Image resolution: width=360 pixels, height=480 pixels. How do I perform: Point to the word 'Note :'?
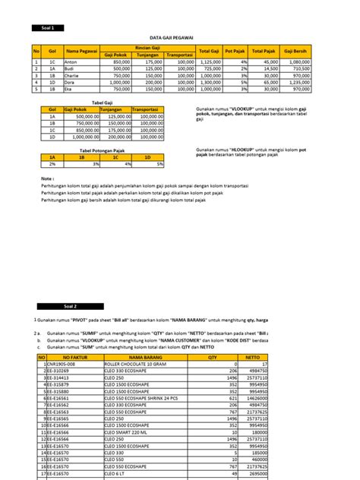coord(48,179)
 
